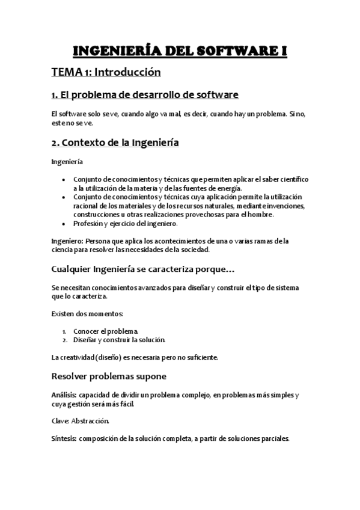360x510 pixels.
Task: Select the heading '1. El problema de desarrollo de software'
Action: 145,94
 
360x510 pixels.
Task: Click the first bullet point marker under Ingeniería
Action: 65,180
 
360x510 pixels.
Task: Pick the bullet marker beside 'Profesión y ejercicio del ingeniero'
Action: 65,224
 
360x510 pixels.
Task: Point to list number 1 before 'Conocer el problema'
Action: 64,331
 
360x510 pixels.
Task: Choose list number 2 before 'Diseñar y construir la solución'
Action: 64,340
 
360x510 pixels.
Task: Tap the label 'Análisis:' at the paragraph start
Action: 64,395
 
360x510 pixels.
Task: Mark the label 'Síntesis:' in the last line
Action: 64,438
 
